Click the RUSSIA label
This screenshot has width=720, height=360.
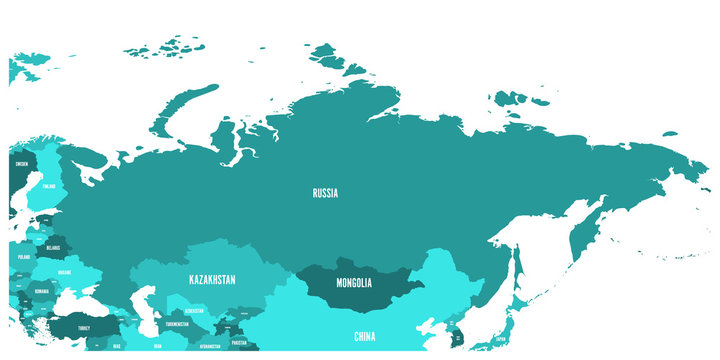pyautogui.click(x=324, y=193)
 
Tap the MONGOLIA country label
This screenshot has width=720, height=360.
pyautogui.click(x=355, y=283)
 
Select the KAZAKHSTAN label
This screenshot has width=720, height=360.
pyautogui.click(x=212, y=280)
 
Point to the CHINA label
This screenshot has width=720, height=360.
pyautogui.click(x=365, y=337)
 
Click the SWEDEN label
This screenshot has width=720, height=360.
pyautogui.click(x=21, y=161)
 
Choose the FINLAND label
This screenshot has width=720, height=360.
pyautogui.click(x=48, y=186)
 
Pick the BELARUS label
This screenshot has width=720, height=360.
pyautogui.click(x=52, y=247)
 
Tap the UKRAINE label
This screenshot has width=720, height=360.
pyautogui.click(x=64, y=272)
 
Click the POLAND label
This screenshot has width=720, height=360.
pyautogui.click(x=23, y=256)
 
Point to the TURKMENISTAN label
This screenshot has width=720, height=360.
pyautogui.click(x=176, y=324)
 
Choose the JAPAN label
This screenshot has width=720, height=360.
pyautogui.click(x=499, y=339)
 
